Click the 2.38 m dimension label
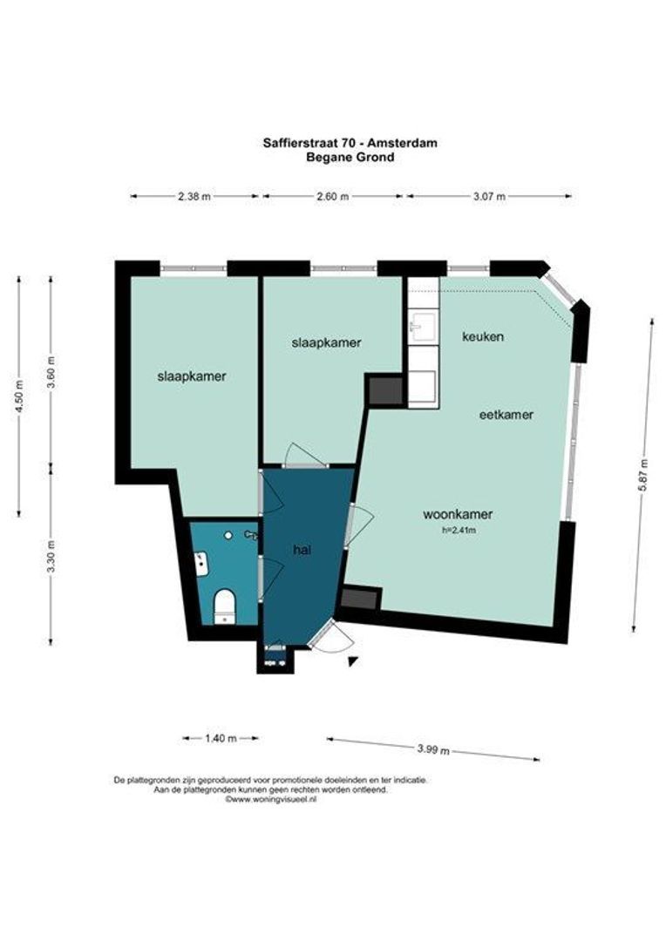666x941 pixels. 194,196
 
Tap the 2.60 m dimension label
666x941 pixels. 332,196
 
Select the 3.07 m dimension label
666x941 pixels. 489,196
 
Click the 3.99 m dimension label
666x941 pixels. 433,749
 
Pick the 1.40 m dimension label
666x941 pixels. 221,738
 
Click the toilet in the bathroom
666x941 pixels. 225,606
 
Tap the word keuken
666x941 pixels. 483,336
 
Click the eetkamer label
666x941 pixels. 506,415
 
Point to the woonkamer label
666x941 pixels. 459,514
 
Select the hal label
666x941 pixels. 302,549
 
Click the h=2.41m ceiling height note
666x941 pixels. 459,530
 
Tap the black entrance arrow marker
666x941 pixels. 353,660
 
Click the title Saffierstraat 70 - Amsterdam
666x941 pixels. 350,143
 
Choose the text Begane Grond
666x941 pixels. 350,157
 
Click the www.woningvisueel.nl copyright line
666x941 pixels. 270,799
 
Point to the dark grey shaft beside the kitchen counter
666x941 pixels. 385,389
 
